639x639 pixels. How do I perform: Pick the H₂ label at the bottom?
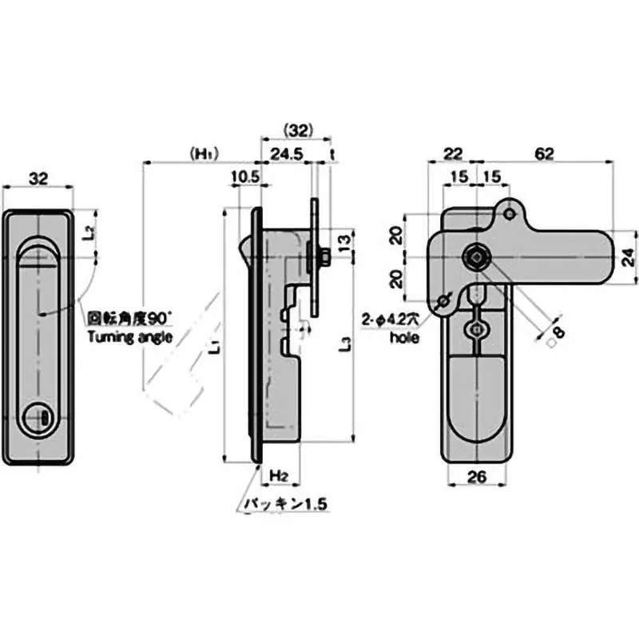pyautogui.click(x=278, y=476)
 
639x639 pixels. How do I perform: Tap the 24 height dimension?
pyautogui.click(x=628, y=256)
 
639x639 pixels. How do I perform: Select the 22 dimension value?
pyautogui.click(x=453, y=154)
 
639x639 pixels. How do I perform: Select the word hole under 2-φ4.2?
pyautogui.click(x=404, y=338)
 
